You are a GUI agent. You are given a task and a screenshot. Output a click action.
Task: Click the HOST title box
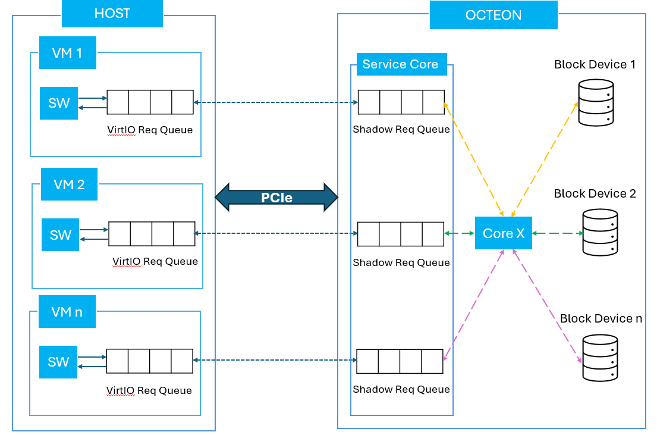112,14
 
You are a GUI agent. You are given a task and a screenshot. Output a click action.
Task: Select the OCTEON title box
493,15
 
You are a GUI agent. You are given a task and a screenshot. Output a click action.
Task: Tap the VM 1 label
67,53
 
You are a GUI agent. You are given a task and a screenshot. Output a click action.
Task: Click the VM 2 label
69,184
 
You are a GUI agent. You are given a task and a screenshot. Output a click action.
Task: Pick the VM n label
67,311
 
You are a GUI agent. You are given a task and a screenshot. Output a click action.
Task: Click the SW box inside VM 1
59,103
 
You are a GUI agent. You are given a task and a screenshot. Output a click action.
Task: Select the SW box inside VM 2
60,234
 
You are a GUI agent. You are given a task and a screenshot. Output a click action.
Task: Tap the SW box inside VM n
58,362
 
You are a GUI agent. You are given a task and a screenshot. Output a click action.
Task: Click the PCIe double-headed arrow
276,197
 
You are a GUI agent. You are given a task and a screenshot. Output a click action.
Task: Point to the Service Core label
400,64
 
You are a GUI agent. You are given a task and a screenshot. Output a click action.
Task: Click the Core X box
503,233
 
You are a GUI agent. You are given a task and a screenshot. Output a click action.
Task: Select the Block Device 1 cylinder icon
595,102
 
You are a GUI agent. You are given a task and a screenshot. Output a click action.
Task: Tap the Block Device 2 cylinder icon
600,233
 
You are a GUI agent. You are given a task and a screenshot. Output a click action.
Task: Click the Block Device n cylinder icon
600,358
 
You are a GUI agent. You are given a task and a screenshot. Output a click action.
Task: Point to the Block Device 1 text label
595,64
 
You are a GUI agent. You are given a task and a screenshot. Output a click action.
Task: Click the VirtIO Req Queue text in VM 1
150,130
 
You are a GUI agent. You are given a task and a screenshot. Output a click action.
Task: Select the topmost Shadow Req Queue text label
401,129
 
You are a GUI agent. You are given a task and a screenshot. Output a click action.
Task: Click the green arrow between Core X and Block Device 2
557,233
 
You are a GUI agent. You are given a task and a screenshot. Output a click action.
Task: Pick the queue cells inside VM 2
152,234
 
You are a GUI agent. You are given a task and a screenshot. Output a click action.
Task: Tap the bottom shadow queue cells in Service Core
400,361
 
